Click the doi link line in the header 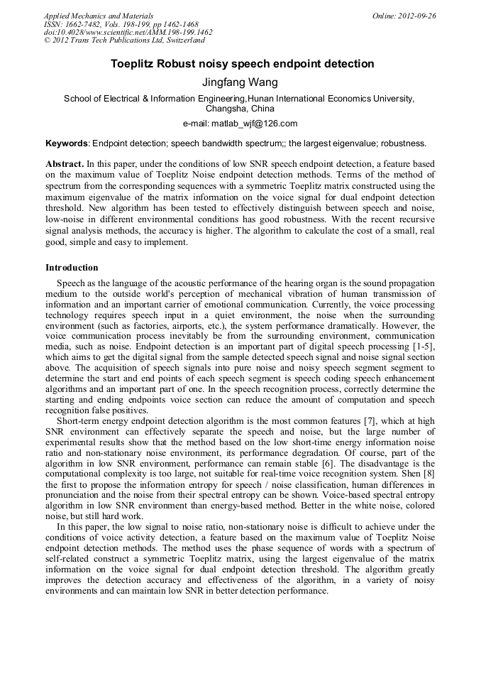pos(128,33)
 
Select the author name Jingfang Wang pos(240,82)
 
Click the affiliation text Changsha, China pos(240,109)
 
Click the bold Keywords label pos(67,143)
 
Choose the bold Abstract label pos(65,163)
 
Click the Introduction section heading pos(72,268)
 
